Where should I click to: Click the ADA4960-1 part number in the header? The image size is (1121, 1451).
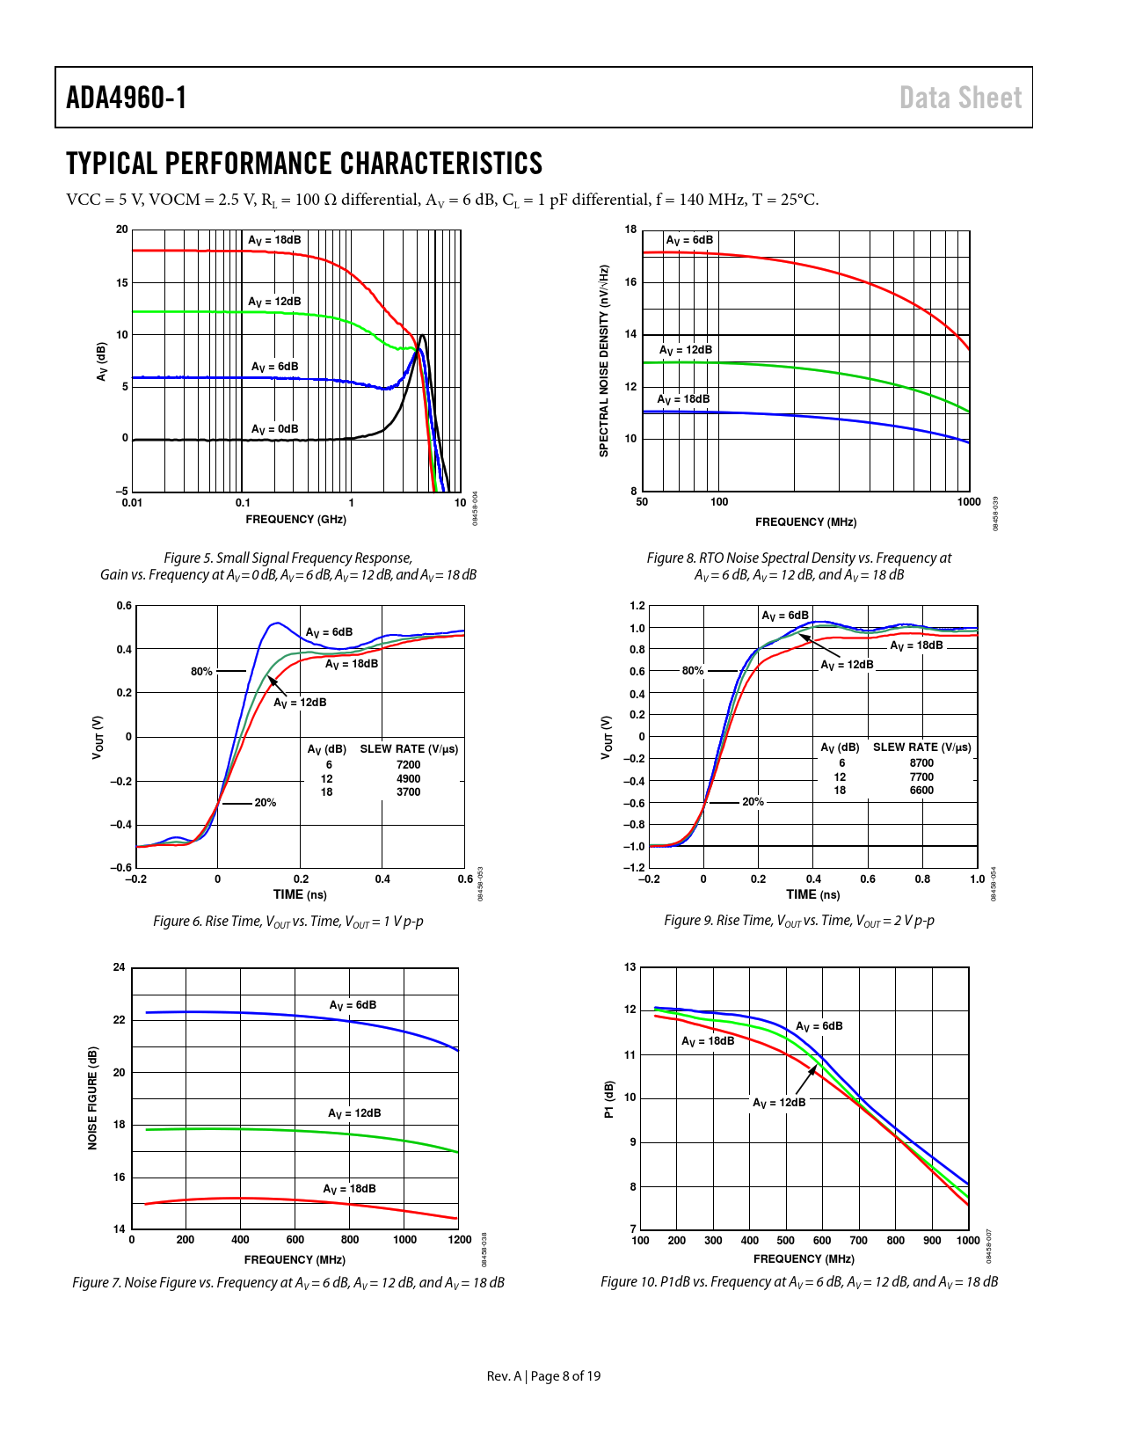click(127, 98)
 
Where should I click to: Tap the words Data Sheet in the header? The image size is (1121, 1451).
click(960, 98)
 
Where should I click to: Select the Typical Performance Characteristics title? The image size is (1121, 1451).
click(304, 164)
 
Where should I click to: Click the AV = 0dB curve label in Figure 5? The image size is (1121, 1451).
click(274, 429)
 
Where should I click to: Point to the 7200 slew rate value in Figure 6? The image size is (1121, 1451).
click(408, 765)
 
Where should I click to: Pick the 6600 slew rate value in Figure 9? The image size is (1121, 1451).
click(921, 791)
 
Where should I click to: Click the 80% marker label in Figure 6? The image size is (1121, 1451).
click(201, 672)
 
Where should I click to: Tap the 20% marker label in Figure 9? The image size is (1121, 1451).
click(753, 802)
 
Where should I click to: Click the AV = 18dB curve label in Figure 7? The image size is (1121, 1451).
click(349, 1189)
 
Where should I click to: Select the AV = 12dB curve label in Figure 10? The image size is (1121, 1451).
click(779, 1103)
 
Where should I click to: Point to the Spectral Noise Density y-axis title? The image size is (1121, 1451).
click(604, 361)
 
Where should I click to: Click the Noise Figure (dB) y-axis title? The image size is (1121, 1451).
click(93, 1097)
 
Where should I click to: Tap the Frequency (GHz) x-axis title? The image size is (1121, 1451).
click(295, 520)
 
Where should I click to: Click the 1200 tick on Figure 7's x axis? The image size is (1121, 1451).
click(460, 1240)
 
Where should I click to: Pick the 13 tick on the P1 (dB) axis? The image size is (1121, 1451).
click(630, 967)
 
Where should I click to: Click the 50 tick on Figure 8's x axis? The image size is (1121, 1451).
click(642, 502)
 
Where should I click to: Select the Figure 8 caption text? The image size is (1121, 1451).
click(798, 566)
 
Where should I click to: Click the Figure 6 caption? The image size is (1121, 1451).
click(288, 922)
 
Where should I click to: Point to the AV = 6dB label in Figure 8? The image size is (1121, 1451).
click(689, 240)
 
